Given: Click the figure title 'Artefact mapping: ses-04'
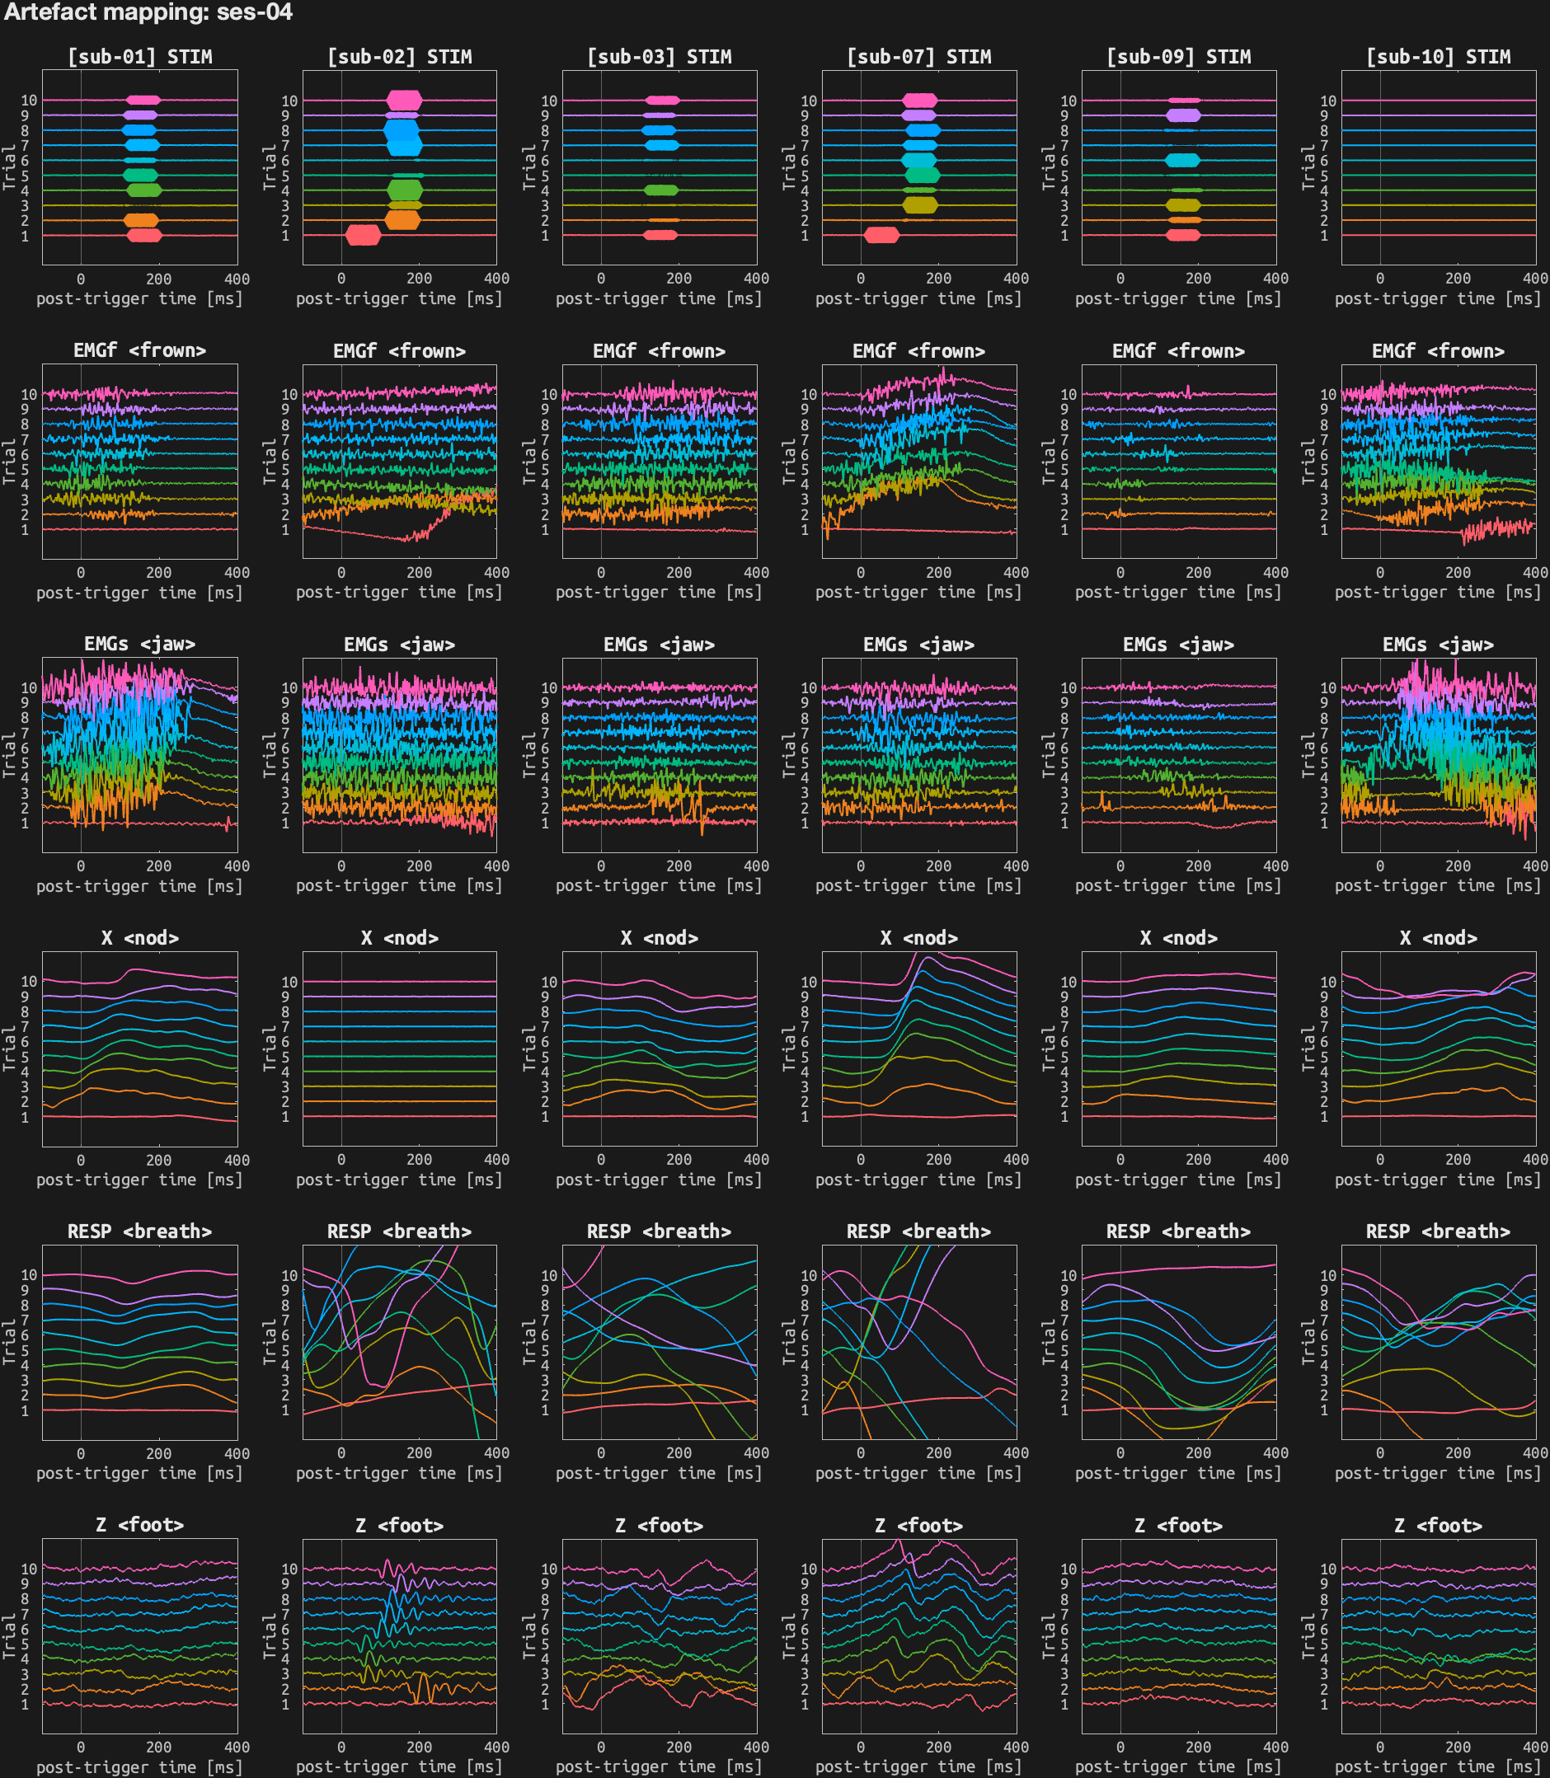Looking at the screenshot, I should click(x=148, y=12).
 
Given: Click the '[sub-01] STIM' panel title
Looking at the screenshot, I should click(x=140, y=57).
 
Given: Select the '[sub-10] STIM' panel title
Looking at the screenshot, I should click(x=1439, y=57).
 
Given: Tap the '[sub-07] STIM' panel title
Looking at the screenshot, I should click(x=918, y=57).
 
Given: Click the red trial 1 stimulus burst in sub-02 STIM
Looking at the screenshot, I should click(x=363, y=234).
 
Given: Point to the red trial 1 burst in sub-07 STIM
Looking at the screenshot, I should click(x=881, y=234).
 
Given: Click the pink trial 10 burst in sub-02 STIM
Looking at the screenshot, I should click(x=404, y=101).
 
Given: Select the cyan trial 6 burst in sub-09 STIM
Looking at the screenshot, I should click(x=1182, y=160).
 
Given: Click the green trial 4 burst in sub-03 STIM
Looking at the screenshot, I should click(x=662, y=190).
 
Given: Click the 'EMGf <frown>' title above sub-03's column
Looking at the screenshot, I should click(x=659, y=351).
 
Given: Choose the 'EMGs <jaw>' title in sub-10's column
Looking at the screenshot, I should click(x=1439, y=645).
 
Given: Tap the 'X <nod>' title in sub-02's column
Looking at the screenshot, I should click(x=400, y=938).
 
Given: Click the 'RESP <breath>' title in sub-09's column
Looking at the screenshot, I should click(x=1178, y=1231).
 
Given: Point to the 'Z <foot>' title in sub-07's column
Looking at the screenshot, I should click(x=918, y=1526).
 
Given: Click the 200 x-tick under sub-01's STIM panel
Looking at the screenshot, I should click(x=158, y=279).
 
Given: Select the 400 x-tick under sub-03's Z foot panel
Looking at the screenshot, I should click(x=756, y=1747).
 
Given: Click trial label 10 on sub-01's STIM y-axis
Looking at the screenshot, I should click(x=30, y=101).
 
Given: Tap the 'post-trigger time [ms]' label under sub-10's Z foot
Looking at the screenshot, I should click(x=1439, y=1766).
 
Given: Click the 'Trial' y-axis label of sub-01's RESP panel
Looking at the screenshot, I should click(x=10, y=1342).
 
